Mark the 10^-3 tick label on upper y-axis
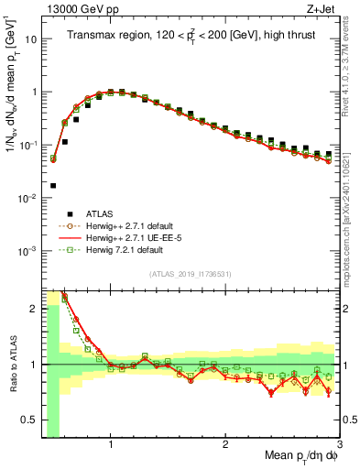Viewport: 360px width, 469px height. click(x=29, y=250)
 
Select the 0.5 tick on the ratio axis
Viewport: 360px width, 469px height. click(x=29, y=420)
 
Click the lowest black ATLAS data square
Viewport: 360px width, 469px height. click(x=53, y=185)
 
